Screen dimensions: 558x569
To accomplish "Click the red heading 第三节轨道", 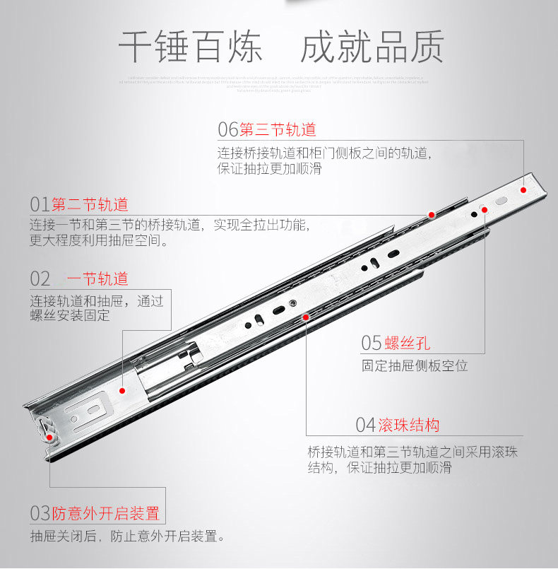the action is pos(278,129).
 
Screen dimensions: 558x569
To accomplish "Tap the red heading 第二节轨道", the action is pos(90,205).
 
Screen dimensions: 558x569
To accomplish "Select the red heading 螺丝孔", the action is pos(408,344).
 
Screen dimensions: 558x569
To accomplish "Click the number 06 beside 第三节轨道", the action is pos(227,129).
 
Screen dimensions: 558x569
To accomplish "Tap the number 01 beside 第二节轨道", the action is pos(40,205).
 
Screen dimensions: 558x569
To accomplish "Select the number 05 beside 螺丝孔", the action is pos(372,344).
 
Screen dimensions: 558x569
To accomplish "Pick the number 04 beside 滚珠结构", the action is pos(365,425).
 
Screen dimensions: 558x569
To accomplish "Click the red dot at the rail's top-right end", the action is pos(523,190).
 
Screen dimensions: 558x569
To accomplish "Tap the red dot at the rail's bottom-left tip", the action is pos(50,438).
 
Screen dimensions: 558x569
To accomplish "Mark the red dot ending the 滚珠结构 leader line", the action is pos(306,317).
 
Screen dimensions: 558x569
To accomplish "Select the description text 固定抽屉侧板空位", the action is pos(415,366).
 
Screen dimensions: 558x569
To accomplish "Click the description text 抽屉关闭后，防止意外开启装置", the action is pos(128,536).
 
